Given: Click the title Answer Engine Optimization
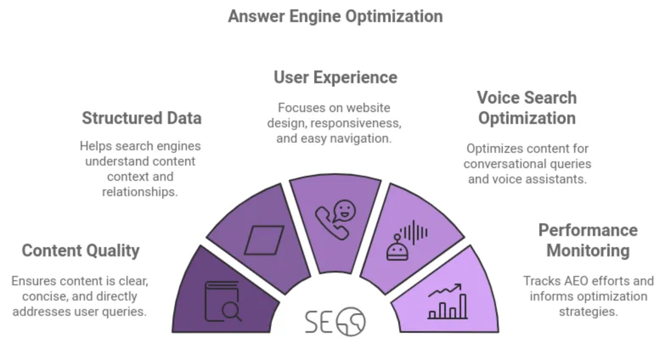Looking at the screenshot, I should tap(335, 17).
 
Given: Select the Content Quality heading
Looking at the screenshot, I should tap(81, 250).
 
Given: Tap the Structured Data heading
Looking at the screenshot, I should tap(141, 118).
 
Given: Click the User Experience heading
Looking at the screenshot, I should tap(335, 77).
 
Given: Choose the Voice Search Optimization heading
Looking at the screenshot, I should tap(527, 108).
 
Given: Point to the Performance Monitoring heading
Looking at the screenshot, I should tap(588, 240).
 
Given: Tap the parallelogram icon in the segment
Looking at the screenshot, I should tap(264, 240).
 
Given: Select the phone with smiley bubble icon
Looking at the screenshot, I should tap(335, 219).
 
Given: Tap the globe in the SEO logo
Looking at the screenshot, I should tap(351, 322).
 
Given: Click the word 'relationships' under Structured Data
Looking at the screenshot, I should tap(140, 192).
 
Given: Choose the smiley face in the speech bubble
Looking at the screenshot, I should tap(344, 210).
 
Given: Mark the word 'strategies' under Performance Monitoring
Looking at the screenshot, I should tap(588, 312).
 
